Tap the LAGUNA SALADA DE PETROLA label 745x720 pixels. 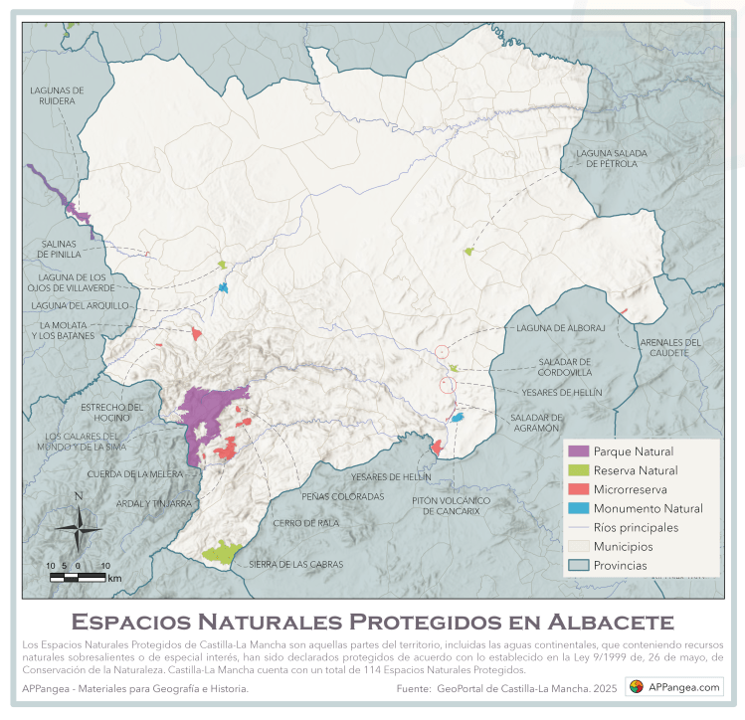click(x=611, y=158)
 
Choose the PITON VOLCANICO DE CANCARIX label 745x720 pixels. click(x=452, y=505)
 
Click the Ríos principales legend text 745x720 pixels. click(x=636, y=527)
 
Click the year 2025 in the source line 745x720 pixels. click(x=605, y=688)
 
